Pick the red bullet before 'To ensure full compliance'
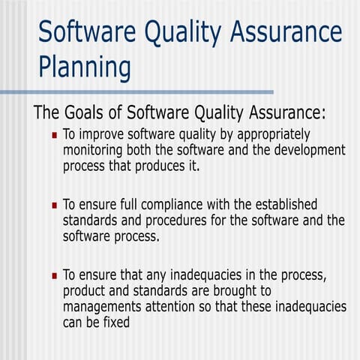tap(54, 205)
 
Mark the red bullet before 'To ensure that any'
tap(54, 275)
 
